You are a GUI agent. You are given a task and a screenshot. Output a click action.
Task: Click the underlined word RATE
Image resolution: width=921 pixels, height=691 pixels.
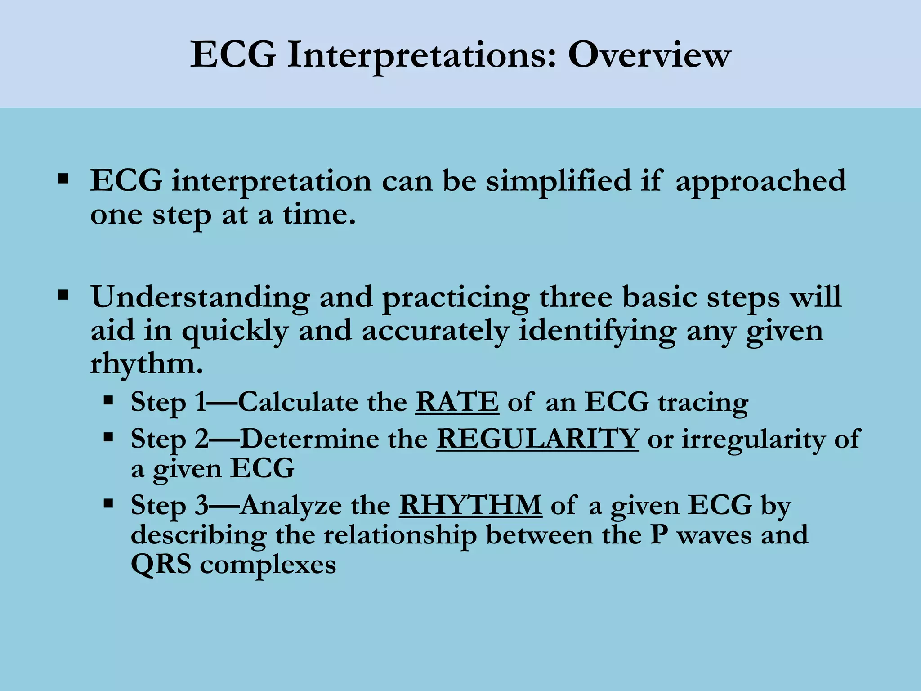(457, 402)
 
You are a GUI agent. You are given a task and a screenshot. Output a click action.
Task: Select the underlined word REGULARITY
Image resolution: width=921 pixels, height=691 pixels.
(537, 439)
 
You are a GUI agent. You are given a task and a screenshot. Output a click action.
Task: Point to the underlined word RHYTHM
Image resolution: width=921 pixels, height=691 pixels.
(470, 505)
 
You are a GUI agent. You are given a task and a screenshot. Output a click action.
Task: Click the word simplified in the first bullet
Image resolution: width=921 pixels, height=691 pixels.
(559, 181)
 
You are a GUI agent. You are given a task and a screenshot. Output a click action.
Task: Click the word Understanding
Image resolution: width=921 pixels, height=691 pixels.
(200, 298)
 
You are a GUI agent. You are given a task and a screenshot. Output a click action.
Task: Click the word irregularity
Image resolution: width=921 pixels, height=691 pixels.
(753, 439)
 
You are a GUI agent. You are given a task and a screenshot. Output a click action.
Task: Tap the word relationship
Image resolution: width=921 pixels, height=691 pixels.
(400, 535)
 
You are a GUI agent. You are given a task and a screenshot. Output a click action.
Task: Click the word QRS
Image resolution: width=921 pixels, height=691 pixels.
(161, 565)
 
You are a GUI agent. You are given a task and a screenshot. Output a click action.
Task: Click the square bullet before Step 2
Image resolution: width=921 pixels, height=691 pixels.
(108, 437)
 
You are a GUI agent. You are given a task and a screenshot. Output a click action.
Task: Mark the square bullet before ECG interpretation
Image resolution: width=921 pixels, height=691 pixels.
(63, 179)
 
